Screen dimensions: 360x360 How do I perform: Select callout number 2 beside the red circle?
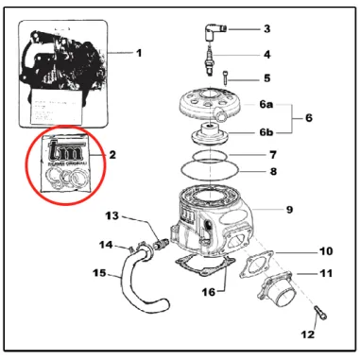click(x=111, y=153)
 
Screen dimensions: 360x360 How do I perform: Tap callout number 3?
click(x=266, y=28)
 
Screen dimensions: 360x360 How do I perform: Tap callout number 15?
click(x=99, y=274)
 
